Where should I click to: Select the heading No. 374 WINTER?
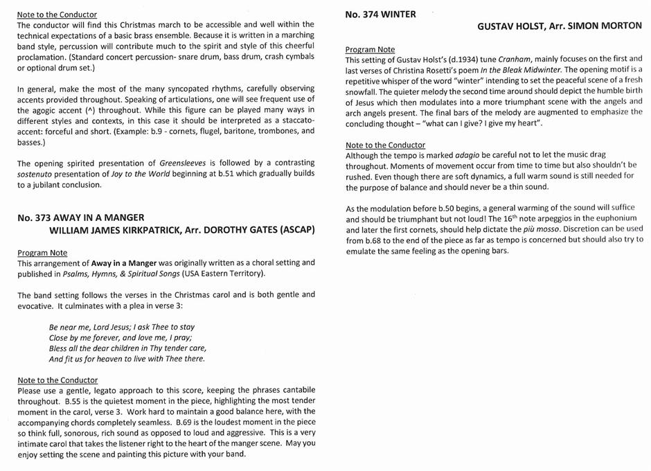(x=380, y=14)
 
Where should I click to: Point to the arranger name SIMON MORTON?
(x=605, y=26)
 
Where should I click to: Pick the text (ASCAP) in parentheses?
(x=294, y=229)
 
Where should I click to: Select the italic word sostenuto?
(x=37, y=174)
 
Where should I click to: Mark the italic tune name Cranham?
(x=515, y=60)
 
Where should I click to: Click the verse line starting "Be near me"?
(x=122, y=327)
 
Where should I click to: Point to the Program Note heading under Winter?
(x=370, y=49)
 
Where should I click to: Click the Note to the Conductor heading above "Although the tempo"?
(x=385, y=145)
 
